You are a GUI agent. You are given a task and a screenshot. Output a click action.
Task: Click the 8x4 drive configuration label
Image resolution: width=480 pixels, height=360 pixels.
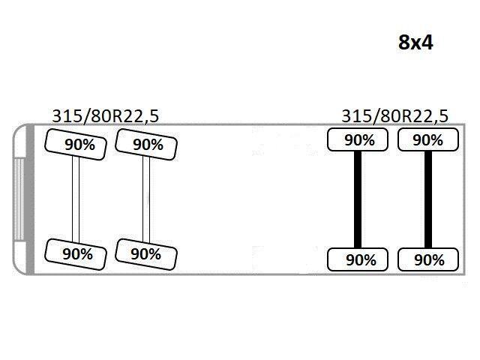tap(415, 42)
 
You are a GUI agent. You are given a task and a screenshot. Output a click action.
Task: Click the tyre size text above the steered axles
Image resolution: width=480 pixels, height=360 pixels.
tap(106, 116)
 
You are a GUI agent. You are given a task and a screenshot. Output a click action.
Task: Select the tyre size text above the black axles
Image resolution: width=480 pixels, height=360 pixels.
tap(395, 116)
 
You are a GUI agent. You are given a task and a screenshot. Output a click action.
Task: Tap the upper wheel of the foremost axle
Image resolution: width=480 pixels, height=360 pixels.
tap(76, 145)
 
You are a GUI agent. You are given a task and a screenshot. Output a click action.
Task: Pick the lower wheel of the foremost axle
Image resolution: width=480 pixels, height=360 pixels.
tap(76, 254)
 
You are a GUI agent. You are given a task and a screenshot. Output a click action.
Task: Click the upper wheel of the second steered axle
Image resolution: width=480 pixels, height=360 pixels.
tap(146, 145)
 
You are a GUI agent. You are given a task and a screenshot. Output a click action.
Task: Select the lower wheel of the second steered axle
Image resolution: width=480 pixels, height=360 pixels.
tap(146, 254)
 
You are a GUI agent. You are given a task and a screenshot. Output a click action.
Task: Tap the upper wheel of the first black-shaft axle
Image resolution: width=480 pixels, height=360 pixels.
tap(358, 139)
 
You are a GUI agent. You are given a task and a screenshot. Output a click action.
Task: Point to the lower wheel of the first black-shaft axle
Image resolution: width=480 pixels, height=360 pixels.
tap(358, 259)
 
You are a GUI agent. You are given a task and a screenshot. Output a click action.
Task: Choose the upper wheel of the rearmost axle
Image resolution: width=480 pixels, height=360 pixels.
tap(428, 139)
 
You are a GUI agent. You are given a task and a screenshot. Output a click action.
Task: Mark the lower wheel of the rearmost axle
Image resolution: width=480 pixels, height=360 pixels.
tap(428, 259)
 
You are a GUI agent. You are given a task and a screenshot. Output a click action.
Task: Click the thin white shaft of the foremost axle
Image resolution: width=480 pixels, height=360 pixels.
tap(76, 199)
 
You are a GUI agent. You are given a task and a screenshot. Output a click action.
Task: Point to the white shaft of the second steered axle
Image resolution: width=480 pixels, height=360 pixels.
tap(146, 199)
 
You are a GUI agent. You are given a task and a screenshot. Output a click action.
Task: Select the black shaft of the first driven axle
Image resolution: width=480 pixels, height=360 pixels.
tap(358, 199)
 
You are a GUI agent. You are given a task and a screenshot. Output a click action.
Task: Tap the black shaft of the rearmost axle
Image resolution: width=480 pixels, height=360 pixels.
tap(428, 199)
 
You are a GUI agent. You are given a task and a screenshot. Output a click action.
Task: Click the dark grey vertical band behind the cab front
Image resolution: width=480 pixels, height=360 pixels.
tap(30, 199)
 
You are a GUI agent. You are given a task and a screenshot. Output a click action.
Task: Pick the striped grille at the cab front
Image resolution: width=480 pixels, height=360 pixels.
tap(19, 199)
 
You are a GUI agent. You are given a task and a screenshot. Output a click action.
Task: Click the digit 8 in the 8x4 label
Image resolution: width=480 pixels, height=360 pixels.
tap(404, 42)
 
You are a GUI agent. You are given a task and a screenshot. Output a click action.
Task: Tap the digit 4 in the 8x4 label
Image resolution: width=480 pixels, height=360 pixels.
tap(427, 42)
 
